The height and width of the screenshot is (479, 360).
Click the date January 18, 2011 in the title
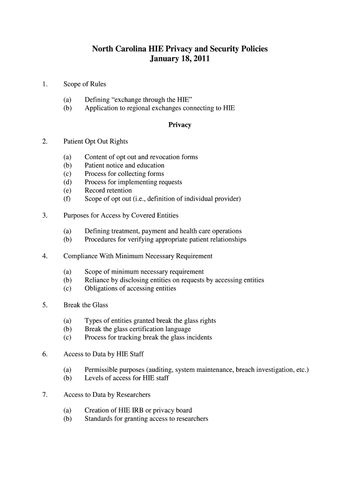pos(180,59)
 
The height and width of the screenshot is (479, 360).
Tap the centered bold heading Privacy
pos(180,125)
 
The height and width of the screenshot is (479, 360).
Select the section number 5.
pos(44,305)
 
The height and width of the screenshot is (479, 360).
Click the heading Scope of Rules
pos(85,84)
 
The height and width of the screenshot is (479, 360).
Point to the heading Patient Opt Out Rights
pos(95,141)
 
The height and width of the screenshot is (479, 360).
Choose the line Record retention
pos(108,190)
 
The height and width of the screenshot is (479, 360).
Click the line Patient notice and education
pos(124,165)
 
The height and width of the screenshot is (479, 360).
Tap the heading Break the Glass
pos(86,305)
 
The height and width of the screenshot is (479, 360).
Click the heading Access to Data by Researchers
pos(107,394)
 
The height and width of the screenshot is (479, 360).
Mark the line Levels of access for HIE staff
pos(126,378)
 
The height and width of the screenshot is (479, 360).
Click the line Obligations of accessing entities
pos(130,288)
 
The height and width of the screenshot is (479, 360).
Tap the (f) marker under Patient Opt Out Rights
pos(67,199)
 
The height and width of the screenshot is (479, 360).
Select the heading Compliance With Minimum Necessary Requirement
pos(138,256)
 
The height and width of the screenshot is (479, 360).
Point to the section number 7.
pos(44,394)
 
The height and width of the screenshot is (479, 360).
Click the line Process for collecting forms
pos(124,174)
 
